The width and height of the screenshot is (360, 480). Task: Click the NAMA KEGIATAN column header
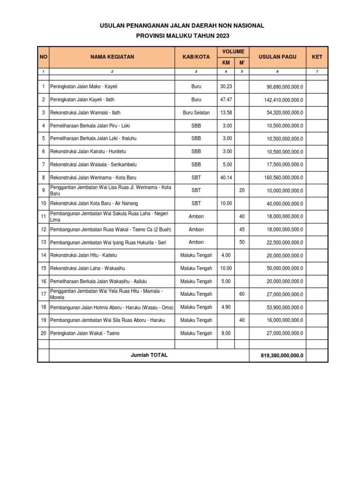point(112,57)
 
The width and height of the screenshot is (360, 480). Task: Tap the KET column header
point(317,57)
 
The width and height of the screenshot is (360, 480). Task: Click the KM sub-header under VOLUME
point(226,63)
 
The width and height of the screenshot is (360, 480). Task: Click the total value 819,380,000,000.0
point(282,355)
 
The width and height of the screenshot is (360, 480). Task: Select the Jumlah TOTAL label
point(149,355)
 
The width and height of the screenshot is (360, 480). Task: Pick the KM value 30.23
point(226,87)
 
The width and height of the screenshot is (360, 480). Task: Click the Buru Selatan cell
point(196,112)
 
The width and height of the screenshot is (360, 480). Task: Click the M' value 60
point(242,294)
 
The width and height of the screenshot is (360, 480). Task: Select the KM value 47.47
point(226,100)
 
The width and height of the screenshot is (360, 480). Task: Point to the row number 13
point(43,242)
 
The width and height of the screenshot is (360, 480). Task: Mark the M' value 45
point(242,230)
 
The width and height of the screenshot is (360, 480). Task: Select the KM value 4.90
point(226,307)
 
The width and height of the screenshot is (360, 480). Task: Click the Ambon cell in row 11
point(196,217)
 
